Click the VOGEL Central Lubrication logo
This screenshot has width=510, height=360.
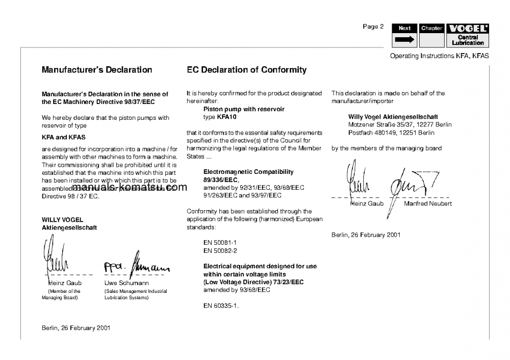468,36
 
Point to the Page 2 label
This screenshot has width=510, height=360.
373,27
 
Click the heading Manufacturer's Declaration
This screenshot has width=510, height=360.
97,70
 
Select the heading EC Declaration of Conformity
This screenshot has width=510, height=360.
246,70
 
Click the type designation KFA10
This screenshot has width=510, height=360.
223,117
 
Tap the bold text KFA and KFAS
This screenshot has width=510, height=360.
64,137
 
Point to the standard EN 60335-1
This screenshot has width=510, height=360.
221,306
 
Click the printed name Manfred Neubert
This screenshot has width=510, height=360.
427,203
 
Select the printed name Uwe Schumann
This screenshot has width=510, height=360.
126,282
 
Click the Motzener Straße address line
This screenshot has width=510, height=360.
400,124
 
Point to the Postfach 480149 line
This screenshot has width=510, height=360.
391,133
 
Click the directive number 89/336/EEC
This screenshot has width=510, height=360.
221,180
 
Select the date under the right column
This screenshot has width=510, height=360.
366,235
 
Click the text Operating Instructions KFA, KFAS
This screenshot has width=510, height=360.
439,56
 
